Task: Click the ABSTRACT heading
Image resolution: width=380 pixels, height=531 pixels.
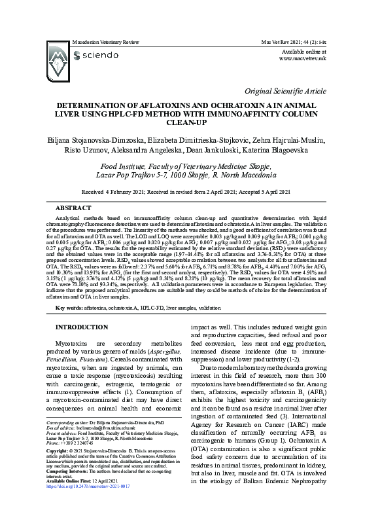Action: coord(73,207)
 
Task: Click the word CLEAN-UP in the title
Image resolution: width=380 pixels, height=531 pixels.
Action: coord(190,122)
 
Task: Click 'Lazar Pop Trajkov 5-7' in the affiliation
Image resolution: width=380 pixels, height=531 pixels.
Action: coord(150,175)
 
